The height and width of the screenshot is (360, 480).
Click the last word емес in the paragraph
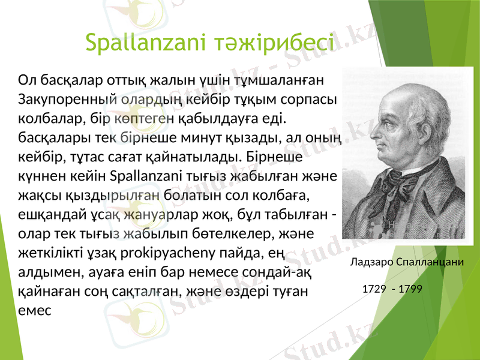click(35, 310)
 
